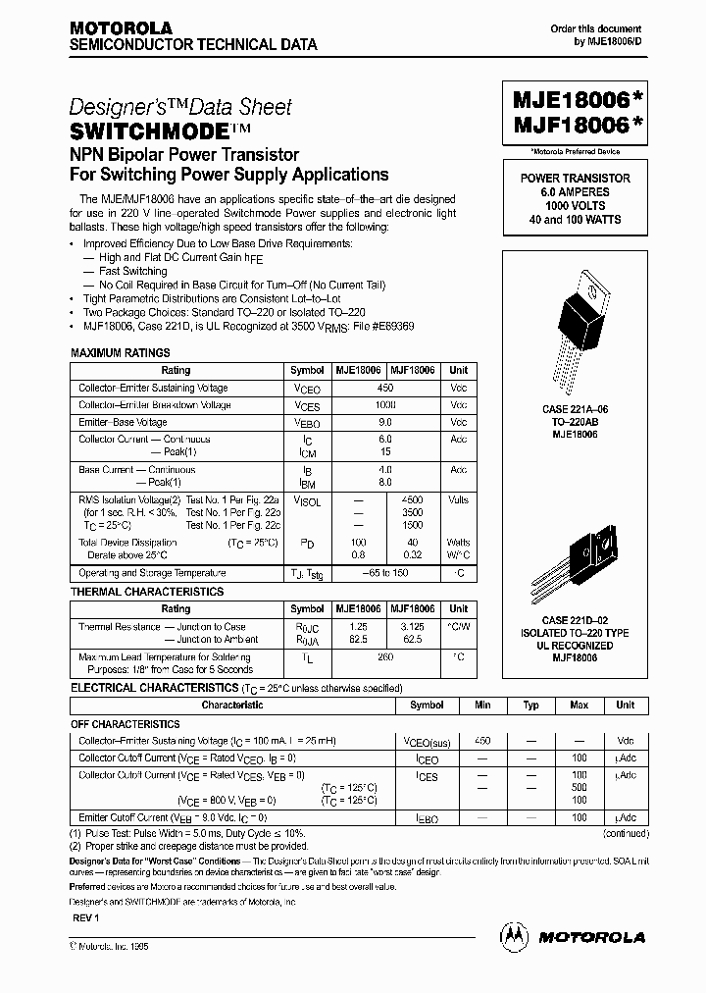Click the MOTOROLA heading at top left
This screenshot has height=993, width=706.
121,28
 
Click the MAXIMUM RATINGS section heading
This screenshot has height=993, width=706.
121,352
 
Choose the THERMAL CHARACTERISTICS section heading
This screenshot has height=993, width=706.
147,592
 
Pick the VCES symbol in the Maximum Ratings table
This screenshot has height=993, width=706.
307,405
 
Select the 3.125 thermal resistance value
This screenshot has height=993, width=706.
413,626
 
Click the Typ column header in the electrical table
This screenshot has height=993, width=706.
530,705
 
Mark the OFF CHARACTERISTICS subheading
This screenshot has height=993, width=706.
126,723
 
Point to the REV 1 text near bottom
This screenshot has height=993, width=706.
86,915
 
